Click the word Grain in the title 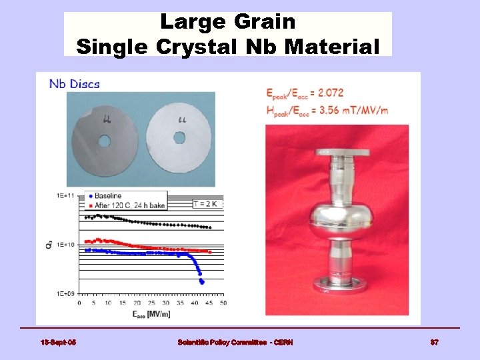click(265, 22)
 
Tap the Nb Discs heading click(74, 84)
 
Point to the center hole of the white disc click(179, 137)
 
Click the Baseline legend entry click(108, 195)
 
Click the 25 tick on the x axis click(151, 303)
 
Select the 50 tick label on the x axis click(223, 303)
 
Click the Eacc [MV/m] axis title click(150, 313)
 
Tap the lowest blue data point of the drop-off click(202, 282)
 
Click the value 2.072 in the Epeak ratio click(328, 92)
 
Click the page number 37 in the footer click(434, 343)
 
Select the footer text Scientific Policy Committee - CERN click(235, 343)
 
